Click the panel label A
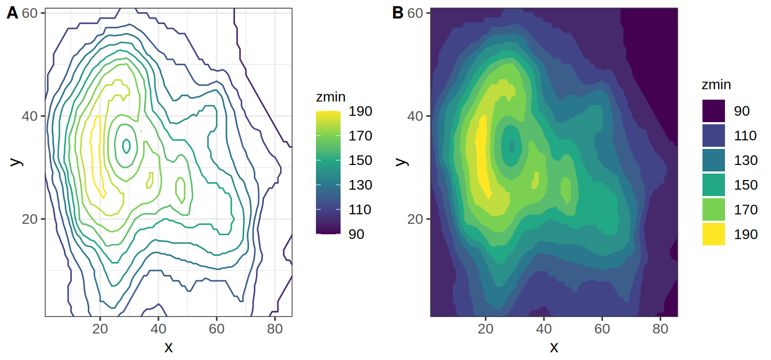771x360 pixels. (x=12, y=13)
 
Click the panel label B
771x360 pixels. (x=397, y=13)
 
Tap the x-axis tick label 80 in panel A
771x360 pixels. (x=275, y=329)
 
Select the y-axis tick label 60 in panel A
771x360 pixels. (x=29, y=13)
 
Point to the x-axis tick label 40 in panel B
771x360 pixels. (x=544, y=329)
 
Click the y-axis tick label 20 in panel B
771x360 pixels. (x=415, y=219)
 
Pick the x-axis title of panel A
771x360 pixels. (x=168, y=347)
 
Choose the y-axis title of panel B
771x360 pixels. (x=400, y=162)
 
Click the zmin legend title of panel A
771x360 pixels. (x=330, y=97)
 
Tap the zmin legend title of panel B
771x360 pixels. (x=716, y=85)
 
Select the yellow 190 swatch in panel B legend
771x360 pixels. (x=714, y=234)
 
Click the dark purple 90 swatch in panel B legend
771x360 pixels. (x=714, y=111)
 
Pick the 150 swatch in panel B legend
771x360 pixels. (x=714, y=185)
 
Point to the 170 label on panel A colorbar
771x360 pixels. (x=360, y=136)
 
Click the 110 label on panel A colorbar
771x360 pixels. (x=360, y=209)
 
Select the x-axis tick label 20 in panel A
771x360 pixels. (x=100, y=329)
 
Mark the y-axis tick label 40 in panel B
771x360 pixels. (x=415, y=116)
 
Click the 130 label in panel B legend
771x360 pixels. (x=745, y=160)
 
